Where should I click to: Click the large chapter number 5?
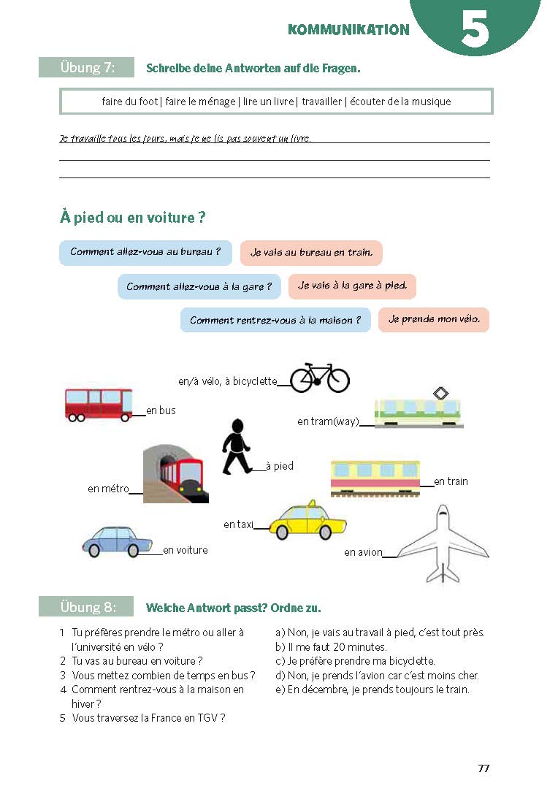click(x=475, y=31)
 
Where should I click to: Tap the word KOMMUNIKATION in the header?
click(x=348, y=30)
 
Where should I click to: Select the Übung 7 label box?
click(x=86, y=67)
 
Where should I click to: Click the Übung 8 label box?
click(x=86, y=607)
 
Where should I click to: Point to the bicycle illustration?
click(x=320, y=378)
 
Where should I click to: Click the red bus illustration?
click(x=99, y=404)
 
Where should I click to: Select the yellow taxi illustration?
click(x=307, y=520)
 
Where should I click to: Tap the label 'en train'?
click(x=451, y=481)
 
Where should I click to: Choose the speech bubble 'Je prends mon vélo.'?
click(x=433, y=320)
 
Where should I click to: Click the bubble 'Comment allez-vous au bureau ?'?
click(x=145, y=253)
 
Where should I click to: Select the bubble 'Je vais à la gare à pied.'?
click(x=352, y=286)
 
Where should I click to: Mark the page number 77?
click(x=484, y=768)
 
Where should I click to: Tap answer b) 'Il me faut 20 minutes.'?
click(x=331, y=647)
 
